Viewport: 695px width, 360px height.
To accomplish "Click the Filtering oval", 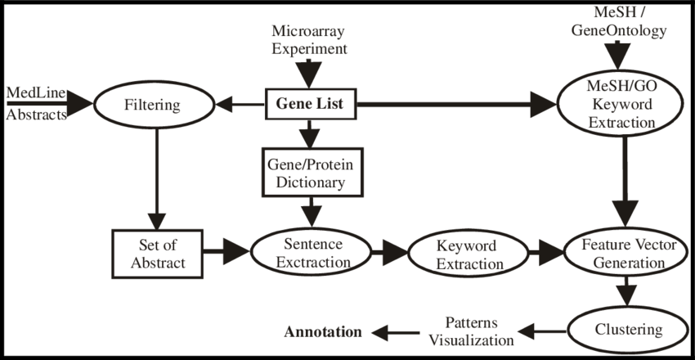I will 150,105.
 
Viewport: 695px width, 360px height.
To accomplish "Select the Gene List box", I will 309,105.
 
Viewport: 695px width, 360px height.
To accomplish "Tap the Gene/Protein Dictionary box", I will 309,173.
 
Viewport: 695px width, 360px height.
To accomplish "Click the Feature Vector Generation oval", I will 622,254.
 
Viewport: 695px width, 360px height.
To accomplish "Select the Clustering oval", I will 627,330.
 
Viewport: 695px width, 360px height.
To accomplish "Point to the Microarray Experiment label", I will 309,39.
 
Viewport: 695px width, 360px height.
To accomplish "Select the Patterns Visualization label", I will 469,330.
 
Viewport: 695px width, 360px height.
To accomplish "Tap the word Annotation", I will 322,332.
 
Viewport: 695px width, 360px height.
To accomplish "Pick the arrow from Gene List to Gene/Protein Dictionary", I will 309,133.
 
